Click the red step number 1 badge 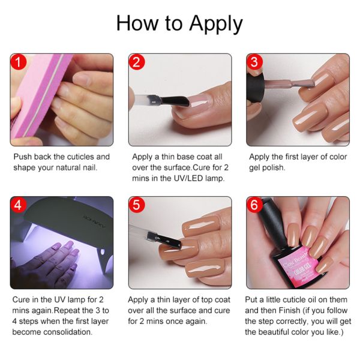[19, 62]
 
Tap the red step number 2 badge [137, 62]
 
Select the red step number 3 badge [254, 62]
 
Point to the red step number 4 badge [19, 205]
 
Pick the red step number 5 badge [137, 205]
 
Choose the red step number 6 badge [254, 205]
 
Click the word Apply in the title [216, 24]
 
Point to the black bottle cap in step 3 [256, 87]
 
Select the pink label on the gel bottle [296, 266]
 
